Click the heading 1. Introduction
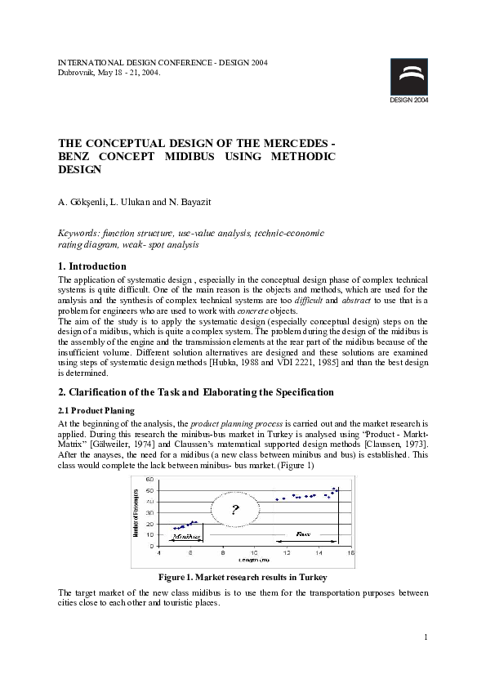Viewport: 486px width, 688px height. tap(91, 266)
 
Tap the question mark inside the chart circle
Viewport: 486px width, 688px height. tap(235, 512)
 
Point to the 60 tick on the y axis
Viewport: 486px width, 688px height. tap(149, 479)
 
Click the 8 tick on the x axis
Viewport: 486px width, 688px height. tap(224, 553)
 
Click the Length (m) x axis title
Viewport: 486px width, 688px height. tap(254, 561)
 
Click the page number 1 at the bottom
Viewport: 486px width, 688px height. tap(426, 637)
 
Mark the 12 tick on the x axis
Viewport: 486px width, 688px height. tap(287, 553)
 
